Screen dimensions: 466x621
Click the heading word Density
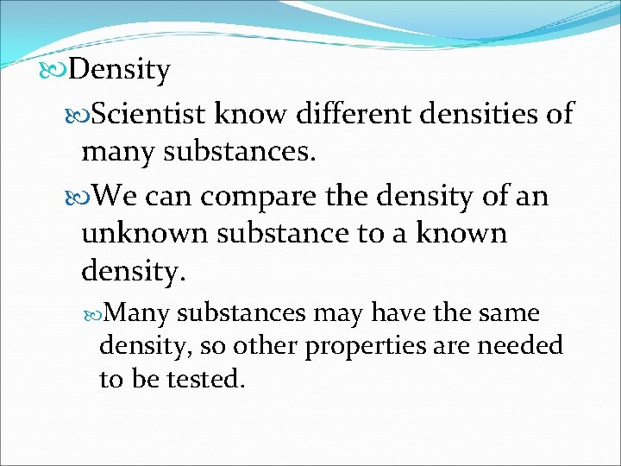tap(119, 70)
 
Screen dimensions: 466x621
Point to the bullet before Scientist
tap(82, 112)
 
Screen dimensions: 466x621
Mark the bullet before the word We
tap(82, 196)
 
